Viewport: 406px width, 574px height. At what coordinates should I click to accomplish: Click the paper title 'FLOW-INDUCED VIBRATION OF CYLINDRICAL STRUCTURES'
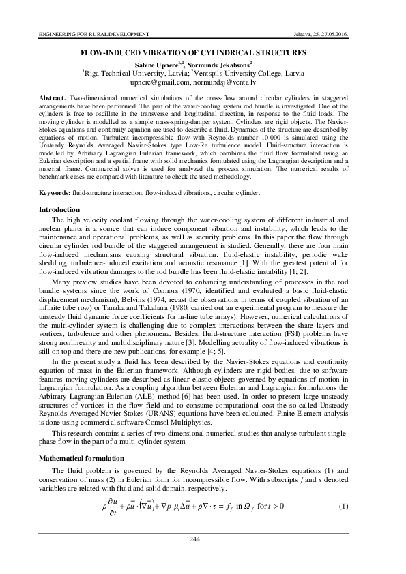pos(203,52)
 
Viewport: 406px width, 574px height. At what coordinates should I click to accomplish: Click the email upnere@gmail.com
pos(160,80)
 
